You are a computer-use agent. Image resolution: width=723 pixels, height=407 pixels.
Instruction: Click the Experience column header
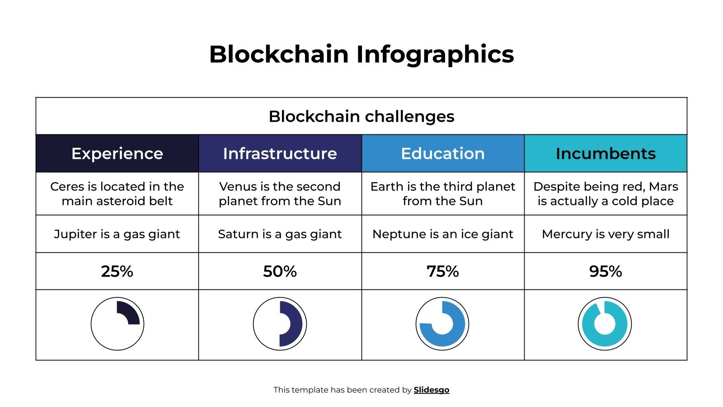pyautogui.click(x=117, y=153)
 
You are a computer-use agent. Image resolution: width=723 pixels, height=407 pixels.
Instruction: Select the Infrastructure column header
pyautogui.click(x=280, y=153)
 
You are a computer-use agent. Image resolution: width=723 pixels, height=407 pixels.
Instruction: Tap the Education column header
pyautogui.click(x=442, y=153)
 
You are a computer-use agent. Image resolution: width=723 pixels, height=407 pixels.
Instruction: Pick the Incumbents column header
pyautogui.click(x=606, y=153)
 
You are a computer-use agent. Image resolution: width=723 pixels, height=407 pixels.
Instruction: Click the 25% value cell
pyautogui.click(x=117, y=271)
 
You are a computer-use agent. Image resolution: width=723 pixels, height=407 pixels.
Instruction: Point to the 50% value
pyautogui.click(x=280, y=271)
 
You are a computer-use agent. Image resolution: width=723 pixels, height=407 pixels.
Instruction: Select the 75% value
pyautogui.click(x=442, y=271)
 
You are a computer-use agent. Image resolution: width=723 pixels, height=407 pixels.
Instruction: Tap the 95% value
pyautogui.click(x=606, y=271)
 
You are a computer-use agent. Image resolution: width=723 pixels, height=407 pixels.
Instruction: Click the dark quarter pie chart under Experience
pyautogui.click(x=117, y=324)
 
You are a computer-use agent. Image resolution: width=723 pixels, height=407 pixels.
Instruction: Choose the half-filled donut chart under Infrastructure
pyautogui.click(x=280, y=324)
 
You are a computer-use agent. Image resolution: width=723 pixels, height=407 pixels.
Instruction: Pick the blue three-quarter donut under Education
pyautogui.click(x=442, y=324)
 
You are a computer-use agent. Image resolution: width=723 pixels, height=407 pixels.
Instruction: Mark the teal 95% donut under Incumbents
pyautogui.click(x=605, y=324)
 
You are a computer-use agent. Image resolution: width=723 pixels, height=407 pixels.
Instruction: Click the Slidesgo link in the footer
pyautogui.click(x=431, y=390)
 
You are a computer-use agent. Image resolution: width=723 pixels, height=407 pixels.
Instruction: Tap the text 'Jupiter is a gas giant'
pyautogui.click(x=117, y=234)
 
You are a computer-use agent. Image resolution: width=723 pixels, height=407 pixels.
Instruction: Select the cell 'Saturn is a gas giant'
pyautogui.click(x=280, y=234)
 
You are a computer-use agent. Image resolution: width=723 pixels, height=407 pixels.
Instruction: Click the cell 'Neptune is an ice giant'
pyautogui.click(x=442, y=234)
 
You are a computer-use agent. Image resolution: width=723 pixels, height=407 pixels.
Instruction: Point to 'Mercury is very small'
pyautogui.click(x=606, y=234)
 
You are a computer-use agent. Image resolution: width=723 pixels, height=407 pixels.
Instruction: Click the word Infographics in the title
pyautogui.click(x=435, y=54)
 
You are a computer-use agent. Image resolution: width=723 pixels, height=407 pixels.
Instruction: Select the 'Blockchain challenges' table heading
pyautogui.click(x=361, y=116)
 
